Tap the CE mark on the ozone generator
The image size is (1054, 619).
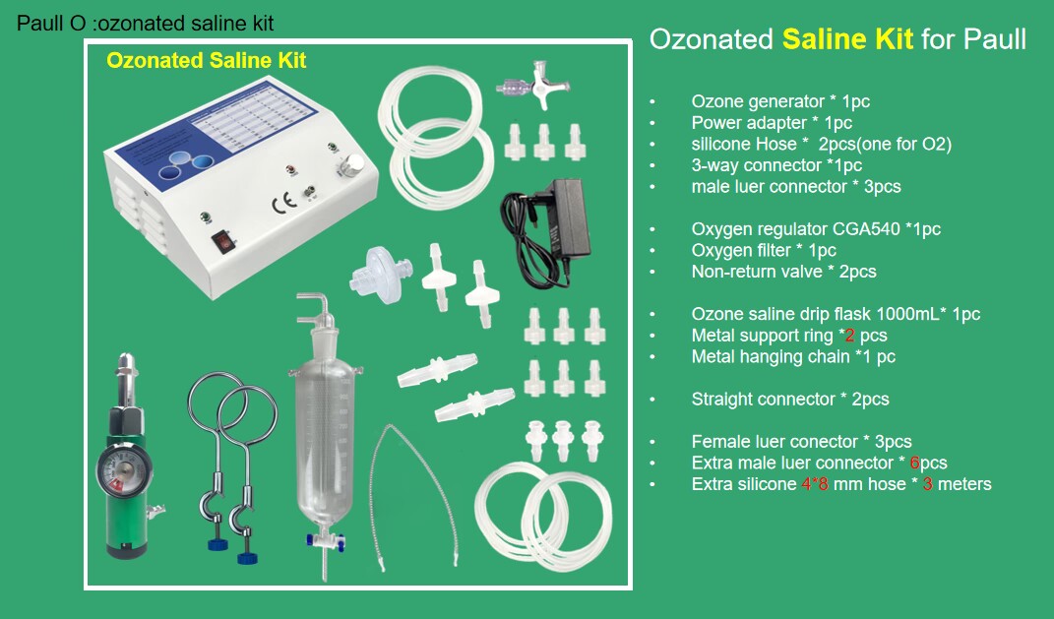tap(283, 203)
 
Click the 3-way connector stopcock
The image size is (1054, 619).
tap(533, 86)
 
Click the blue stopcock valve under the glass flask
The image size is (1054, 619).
tap(326, 539)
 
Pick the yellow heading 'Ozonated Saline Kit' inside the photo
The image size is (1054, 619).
tap(207, 60)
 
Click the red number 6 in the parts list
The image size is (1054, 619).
tap(914, 463)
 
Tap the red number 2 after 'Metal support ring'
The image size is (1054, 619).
tap(849, 336)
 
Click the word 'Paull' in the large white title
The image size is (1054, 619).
tap(995, 39)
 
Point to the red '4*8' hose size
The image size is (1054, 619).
tap(815, 484)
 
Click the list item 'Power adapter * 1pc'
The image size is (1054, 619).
tap(772, 123)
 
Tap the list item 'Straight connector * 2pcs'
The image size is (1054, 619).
tap(790, 400)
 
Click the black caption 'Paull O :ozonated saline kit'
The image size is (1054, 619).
tap(146, 24)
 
